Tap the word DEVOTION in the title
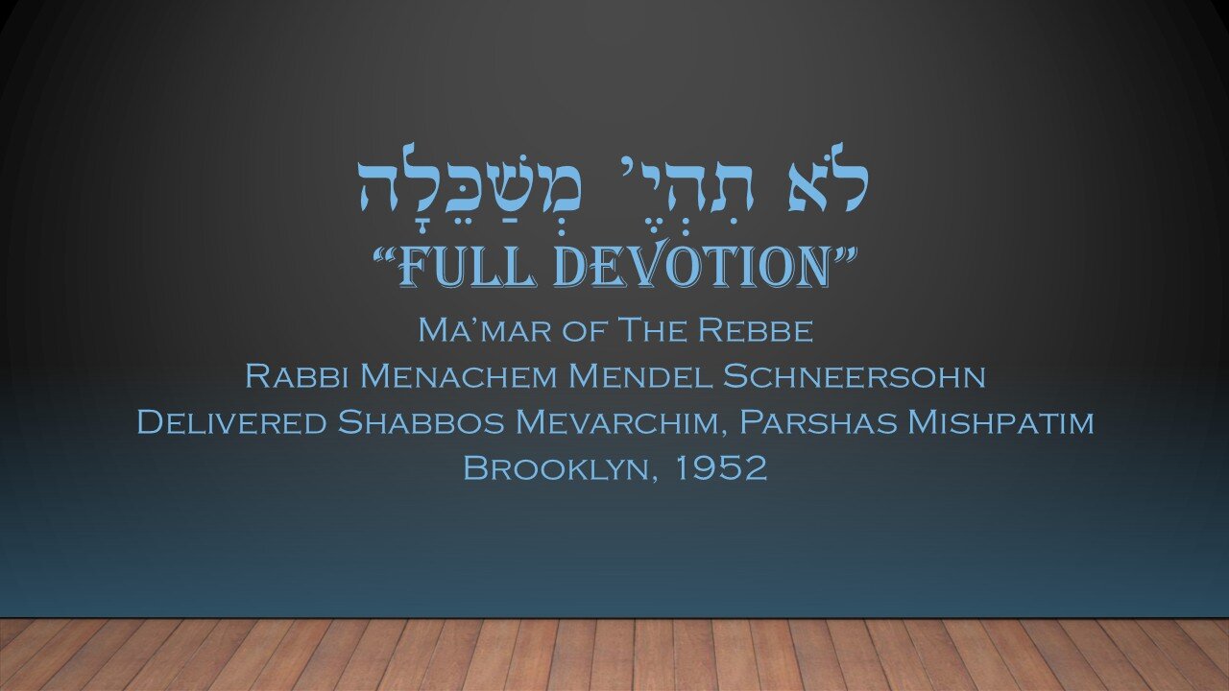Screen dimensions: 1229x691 (x=692, y=266)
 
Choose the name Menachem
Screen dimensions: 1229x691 (x=459, y=376)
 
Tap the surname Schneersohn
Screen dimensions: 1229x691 (x=854, y=376)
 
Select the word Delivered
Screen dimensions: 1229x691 (x=231, y=422)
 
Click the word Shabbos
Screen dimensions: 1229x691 (x=421, y=422)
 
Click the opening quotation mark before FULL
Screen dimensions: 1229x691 (x=386, y=254)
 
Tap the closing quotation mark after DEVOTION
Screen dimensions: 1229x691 (x=845, y=254)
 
